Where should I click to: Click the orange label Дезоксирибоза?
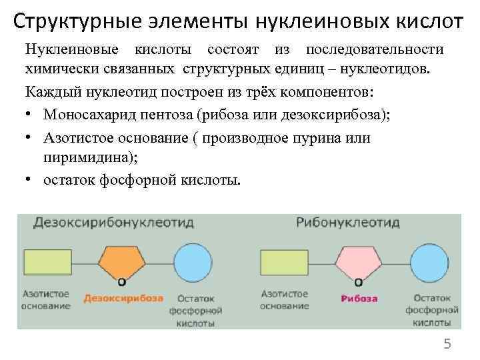tap(123, 299)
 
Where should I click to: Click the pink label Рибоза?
tap(359, 299)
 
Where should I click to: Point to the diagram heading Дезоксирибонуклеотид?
tap(106, 223)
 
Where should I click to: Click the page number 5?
tap(447, 344)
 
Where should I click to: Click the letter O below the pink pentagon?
tap(358, 282)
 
